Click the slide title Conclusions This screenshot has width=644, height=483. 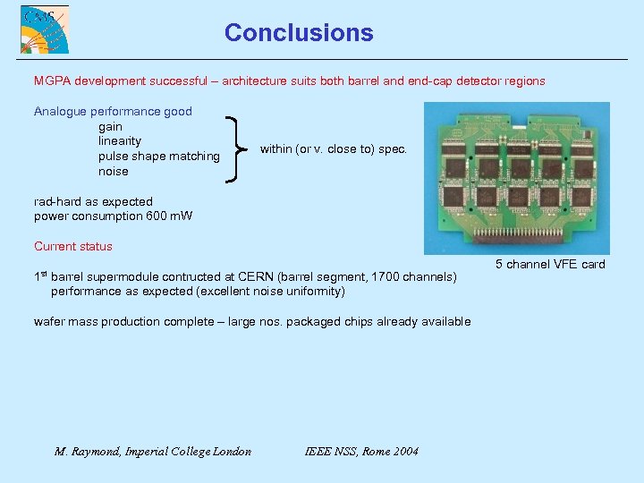point(299,33)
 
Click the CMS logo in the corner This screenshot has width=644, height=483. point(45,30)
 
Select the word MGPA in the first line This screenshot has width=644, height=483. point(53,81)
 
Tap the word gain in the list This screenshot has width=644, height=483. point(110,127)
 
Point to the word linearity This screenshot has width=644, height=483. point(120,141)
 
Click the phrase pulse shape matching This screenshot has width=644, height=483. point(158,157)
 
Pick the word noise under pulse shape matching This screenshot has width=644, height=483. point(113,172)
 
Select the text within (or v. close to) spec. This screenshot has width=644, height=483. point(333,149)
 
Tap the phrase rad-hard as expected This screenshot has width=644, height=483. point(93,202)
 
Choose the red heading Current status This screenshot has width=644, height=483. point(73,247)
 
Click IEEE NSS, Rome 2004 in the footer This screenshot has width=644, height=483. point(361,452)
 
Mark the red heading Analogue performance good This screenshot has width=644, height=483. point(113,112)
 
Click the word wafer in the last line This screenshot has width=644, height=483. point(48,322)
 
